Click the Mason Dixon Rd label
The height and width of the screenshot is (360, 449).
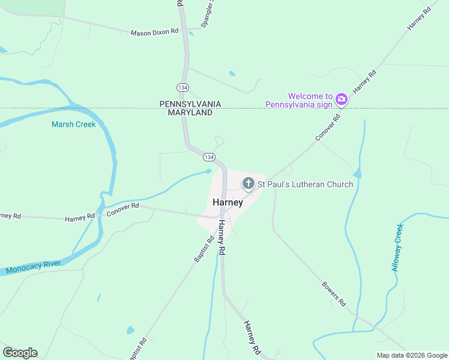(155, 32)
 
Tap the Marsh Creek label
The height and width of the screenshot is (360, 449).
(73, 124)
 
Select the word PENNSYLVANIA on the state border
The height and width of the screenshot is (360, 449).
(190, 104)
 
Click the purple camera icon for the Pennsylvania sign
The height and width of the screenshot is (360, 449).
(342, 99)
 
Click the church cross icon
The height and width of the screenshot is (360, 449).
(248, 184)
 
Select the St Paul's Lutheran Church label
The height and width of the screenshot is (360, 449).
(306, 184)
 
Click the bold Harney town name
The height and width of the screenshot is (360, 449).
(228, 202)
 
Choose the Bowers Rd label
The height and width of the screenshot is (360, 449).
(334, 293)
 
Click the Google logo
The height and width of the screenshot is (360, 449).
(20, 353)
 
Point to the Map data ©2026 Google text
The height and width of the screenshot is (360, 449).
(411, 355)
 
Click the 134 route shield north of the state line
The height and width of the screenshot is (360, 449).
(183, 88)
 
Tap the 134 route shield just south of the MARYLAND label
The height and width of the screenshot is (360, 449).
(208, 157)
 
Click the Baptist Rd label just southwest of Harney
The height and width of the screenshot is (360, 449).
(204, 249)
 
